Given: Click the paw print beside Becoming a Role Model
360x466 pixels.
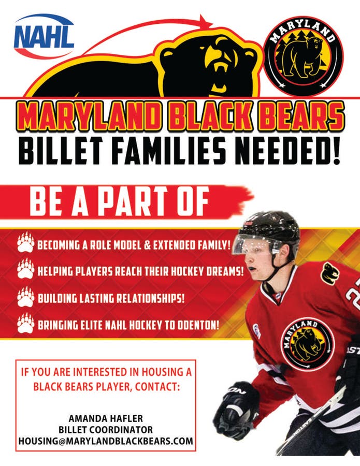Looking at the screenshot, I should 25,243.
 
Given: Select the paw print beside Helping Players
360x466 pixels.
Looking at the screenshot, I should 25,270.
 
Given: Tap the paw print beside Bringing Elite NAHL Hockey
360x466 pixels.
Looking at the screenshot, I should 25,325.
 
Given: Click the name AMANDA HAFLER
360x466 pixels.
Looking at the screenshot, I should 105,418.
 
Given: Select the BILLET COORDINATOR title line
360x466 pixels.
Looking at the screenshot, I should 105,430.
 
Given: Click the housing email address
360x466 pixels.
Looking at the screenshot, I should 106,442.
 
